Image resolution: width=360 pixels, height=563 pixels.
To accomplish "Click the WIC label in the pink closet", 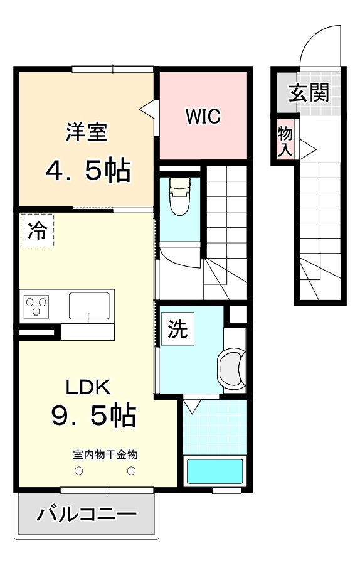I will [202, 117].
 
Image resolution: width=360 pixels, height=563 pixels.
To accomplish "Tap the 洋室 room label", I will [87, 132].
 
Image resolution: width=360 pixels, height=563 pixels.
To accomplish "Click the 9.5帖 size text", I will [93, 416].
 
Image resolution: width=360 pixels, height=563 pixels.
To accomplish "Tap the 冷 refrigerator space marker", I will [37, 231].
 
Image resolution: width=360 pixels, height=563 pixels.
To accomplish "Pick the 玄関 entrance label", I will [309, 94].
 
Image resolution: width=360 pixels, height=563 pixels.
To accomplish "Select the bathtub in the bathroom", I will [215, 471].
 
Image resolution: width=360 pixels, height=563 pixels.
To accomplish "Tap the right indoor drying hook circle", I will [132, 471].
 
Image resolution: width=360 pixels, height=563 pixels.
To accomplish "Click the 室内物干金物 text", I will [105, 454].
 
